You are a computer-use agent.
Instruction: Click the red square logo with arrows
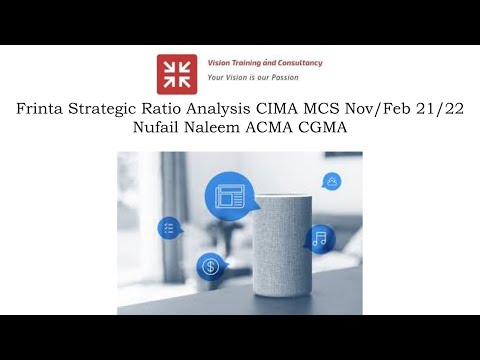[x=177, y=73]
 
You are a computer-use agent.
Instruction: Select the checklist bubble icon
[x=169, y=229]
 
